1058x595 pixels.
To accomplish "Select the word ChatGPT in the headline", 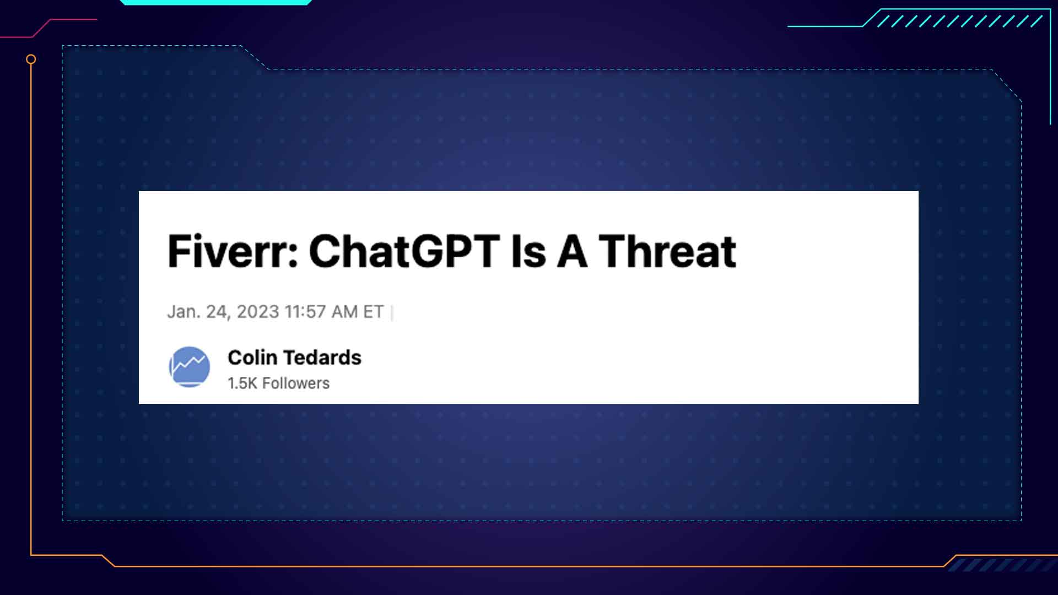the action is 404,251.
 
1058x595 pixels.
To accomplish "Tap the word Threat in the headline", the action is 667,251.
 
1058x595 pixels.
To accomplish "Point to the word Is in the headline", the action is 528,251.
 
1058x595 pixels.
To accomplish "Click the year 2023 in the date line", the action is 258,312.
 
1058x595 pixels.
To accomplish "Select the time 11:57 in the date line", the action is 305,312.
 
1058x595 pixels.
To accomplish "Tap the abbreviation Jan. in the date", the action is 184,312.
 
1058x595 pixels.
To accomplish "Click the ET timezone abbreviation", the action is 373,312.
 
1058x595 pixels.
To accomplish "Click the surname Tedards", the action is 322,358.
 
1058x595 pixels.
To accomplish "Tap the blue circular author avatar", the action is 189,366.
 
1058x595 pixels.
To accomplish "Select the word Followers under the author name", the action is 296,383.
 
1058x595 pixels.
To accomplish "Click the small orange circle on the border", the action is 31,59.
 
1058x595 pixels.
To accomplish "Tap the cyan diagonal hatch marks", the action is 959,21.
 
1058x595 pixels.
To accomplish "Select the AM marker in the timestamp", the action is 344,312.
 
